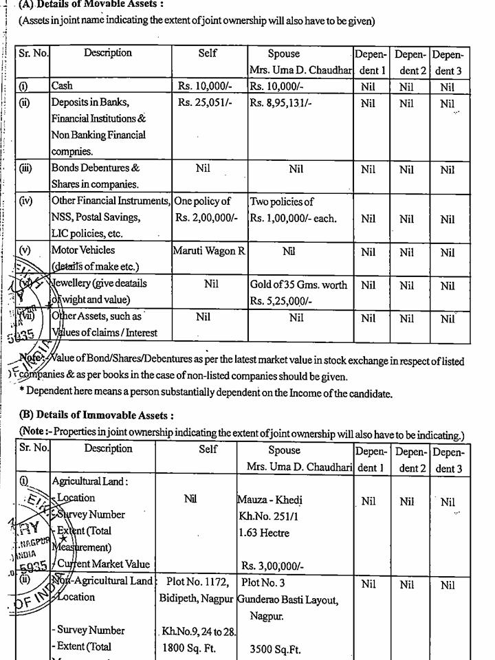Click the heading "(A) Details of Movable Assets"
point(91,4)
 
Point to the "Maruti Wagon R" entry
point(209,251)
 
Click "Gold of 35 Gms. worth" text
point(298,285)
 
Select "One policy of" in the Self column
point(203,201)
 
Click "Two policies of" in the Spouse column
point(282,201)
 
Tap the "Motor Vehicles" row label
point(83,250)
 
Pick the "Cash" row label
point(62,87)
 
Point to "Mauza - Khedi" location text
point(270,500)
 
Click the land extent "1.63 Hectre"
point(265,533)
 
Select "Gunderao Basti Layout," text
point(288,599)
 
